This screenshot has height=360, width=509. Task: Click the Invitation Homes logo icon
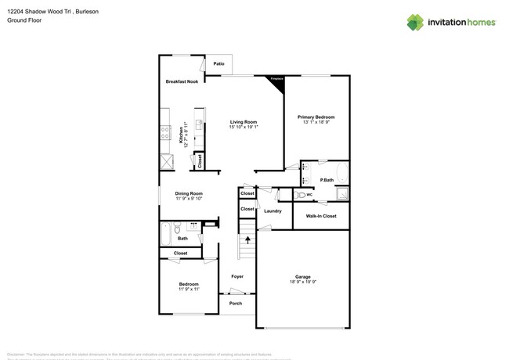tap(415, 22)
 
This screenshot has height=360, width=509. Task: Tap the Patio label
tap(218, 63)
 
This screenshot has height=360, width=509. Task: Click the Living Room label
tap(243, 121)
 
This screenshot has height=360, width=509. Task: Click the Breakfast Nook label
tap(182, 81)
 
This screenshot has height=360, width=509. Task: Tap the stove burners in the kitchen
tap(165, 133)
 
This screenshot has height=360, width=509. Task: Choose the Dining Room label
tap(189, 193)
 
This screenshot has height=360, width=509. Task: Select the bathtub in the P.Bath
tap(341, 172)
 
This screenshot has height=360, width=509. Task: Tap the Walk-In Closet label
tap(321, 216)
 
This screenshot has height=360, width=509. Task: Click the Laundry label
tap(273, 211)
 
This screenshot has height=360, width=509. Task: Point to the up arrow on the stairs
tap(247, 239)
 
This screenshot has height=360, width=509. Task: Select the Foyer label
tap(236, 276)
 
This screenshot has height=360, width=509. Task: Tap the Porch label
tap(236, 304)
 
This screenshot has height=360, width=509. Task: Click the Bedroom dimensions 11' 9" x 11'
tap(189, 290)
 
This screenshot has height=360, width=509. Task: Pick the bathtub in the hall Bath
tap(164, 233)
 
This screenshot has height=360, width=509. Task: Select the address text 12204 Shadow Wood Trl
tap(38, 12)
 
